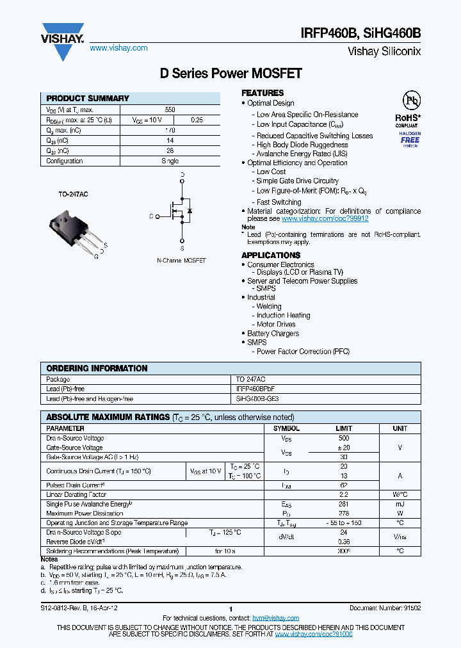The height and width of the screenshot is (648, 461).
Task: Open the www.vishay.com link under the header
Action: coord(118,48)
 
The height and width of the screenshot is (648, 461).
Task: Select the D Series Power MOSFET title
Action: coord(230,74)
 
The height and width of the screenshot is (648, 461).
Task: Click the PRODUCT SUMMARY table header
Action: coord(88,99)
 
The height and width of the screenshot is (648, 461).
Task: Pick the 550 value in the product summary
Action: coord(170,109)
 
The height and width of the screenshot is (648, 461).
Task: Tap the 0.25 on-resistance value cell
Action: coord(197,120)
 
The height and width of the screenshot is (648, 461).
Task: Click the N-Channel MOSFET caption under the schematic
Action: coord(181,261)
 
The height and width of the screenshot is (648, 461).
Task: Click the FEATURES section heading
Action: coord(263,93)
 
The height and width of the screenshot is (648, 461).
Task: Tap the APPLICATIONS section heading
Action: coord(271,255)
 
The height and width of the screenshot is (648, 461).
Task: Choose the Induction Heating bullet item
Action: coord(283,315)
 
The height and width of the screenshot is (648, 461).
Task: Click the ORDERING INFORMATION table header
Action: coord(97,369)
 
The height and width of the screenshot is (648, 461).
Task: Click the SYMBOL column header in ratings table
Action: coord(286,428)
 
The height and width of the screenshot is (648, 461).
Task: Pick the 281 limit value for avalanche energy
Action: coord(343,504)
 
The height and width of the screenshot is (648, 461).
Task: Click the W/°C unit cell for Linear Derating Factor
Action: coord(400,495)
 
